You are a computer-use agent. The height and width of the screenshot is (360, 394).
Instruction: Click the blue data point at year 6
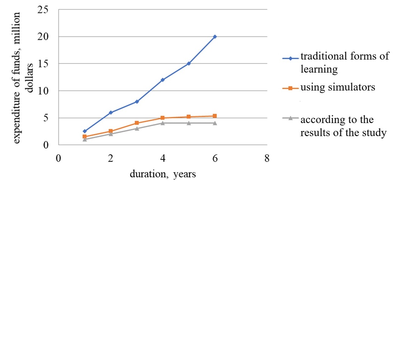[x=215, y=37]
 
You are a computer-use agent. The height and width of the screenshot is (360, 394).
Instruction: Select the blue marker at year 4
[x=163, y=80]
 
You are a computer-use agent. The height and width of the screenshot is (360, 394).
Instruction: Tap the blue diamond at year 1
[x=85, y=131]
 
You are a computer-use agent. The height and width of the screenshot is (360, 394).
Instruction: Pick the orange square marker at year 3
[x=136, y=123]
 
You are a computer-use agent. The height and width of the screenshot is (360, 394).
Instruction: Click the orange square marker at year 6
[x=215, y=116]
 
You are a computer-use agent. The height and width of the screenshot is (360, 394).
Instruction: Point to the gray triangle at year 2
[x=111, y=134]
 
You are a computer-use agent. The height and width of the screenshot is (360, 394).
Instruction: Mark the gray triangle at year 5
[x=189, y=123]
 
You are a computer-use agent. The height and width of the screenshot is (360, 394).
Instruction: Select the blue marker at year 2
[x=111, y=112]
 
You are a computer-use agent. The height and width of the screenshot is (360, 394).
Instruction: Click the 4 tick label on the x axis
[x=163, y=158]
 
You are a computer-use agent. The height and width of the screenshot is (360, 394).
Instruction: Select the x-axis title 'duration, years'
[x=163, y=174]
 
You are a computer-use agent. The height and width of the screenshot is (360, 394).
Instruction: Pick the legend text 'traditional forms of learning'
[x=344, y=63]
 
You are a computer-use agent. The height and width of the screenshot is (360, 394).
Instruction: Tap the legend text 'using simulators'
[x=338, y=87]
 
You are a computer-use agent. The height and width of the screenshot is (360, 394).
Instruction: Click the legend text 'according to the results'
[x=343, y=126]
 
